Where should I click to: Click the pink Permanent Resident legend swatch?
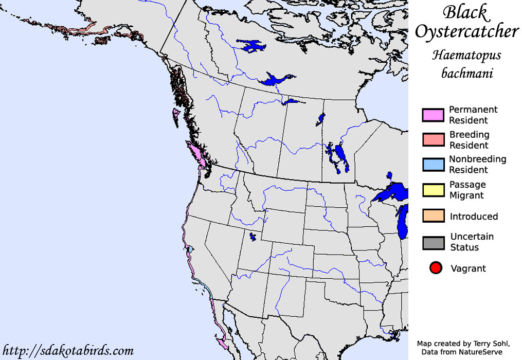[433, 115]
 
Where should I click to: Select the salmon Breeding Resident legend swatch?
[433, 140]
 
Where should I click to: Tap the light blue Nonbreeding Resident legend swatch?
[433, 165]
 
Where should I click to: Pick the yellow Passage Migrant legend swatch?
[433, 190]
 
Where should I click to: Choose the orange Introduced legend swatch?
[433, 216]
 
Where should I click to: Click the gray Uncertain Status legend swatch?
[433, 242]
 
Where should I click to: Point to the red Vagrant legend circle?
[436, 268]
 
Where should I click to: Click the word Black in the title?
[465, 12]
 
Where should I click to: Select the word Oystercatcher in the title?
[466, 32]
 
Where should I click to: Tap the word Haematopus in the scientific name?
[466, 55]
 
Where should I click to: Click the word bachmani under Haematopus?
[467, 74]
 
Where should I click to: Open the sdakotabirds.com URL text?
[68, 351]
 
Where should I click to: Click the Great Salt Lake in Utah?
[253, 237]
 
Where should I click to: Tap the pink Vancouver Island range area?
[197, 154]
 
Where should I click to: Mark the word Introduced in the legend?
[474, 217]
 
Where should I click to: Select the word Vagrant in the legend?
[468, 268]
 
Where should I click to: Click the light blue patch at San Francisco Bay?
[190, 249]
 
